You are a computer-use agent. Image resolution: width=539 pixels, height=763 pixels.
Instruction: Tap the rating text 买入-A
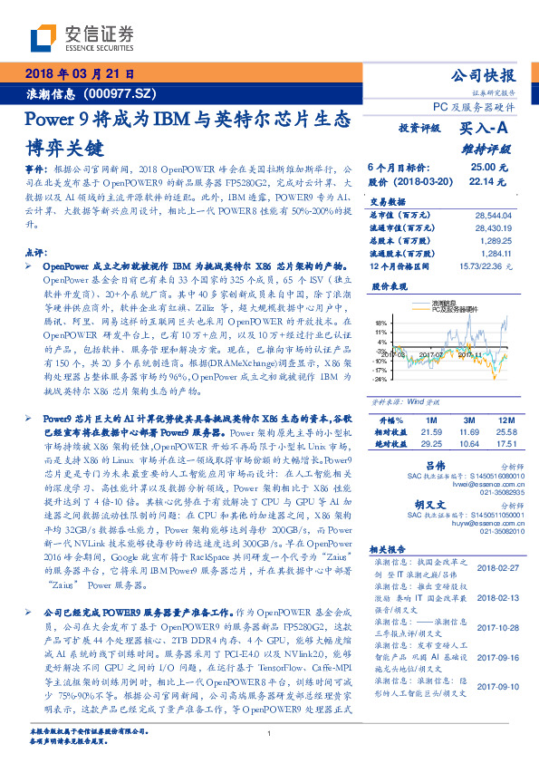click(x=484, y=130)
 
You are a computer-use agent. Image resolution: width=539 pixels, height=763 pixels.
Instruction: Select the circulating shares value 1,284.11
click(x=500, y=254)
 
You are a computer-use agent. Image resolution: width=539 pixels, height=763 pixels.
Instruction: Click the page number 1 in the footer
click(x=269, y=734)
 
